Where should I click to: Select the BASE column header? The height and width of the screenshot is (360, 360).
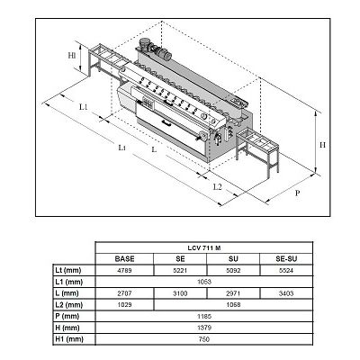(x=125, y=258)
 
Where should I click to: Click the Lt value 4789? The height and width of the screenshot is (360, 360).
(x=125, y=269)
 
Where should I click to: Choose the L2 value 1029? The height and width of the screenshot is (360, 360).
(x=125, y=303)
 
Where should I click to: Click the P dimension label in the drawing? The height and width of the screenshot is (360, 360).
(x=296, y=193)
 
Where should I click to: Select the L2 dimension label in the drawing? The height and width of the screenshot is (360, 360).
(x=217, y=186)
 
